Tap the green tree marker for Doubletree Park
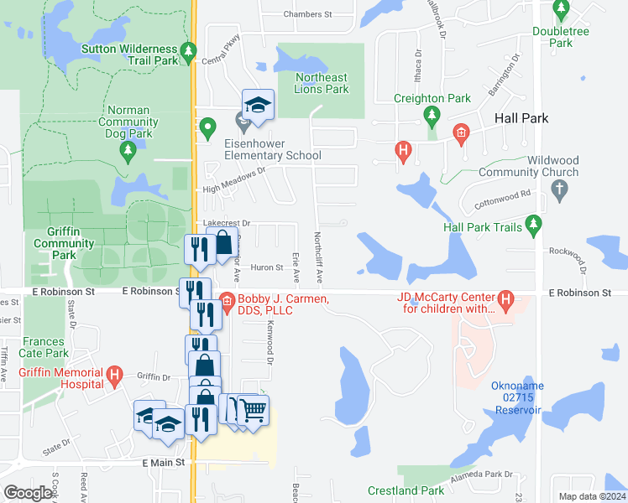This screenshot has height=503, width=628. (x=562, y=10)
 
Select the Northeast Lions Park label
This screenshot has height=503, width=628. (x=321, y=83)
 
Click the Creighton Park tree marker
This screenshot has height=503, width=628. (x=432, y=115)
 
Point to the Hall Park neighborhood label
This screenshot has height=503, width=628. (x=521, y=118)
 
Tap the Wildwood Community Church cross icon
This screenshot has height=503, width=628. (x=562, y=190)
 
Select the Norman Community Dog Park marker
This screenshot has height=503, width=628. (x=128, y=151)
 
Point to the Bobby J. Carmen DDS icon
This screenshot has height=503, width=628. (x=227, y=300)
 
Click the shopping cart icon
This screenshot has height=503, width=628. (x=255, y=411)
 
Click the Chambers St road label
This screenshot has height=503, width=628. (x=308, y=14)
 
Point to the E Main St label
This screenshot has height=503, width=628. (x=168, y=463)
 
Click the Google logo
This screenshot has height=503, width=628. (x=29, y=493)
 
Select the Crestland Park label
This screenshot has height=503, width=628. (x=406, y=490)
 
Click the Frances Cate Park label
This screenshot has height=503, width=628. (x=44, y=347)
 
